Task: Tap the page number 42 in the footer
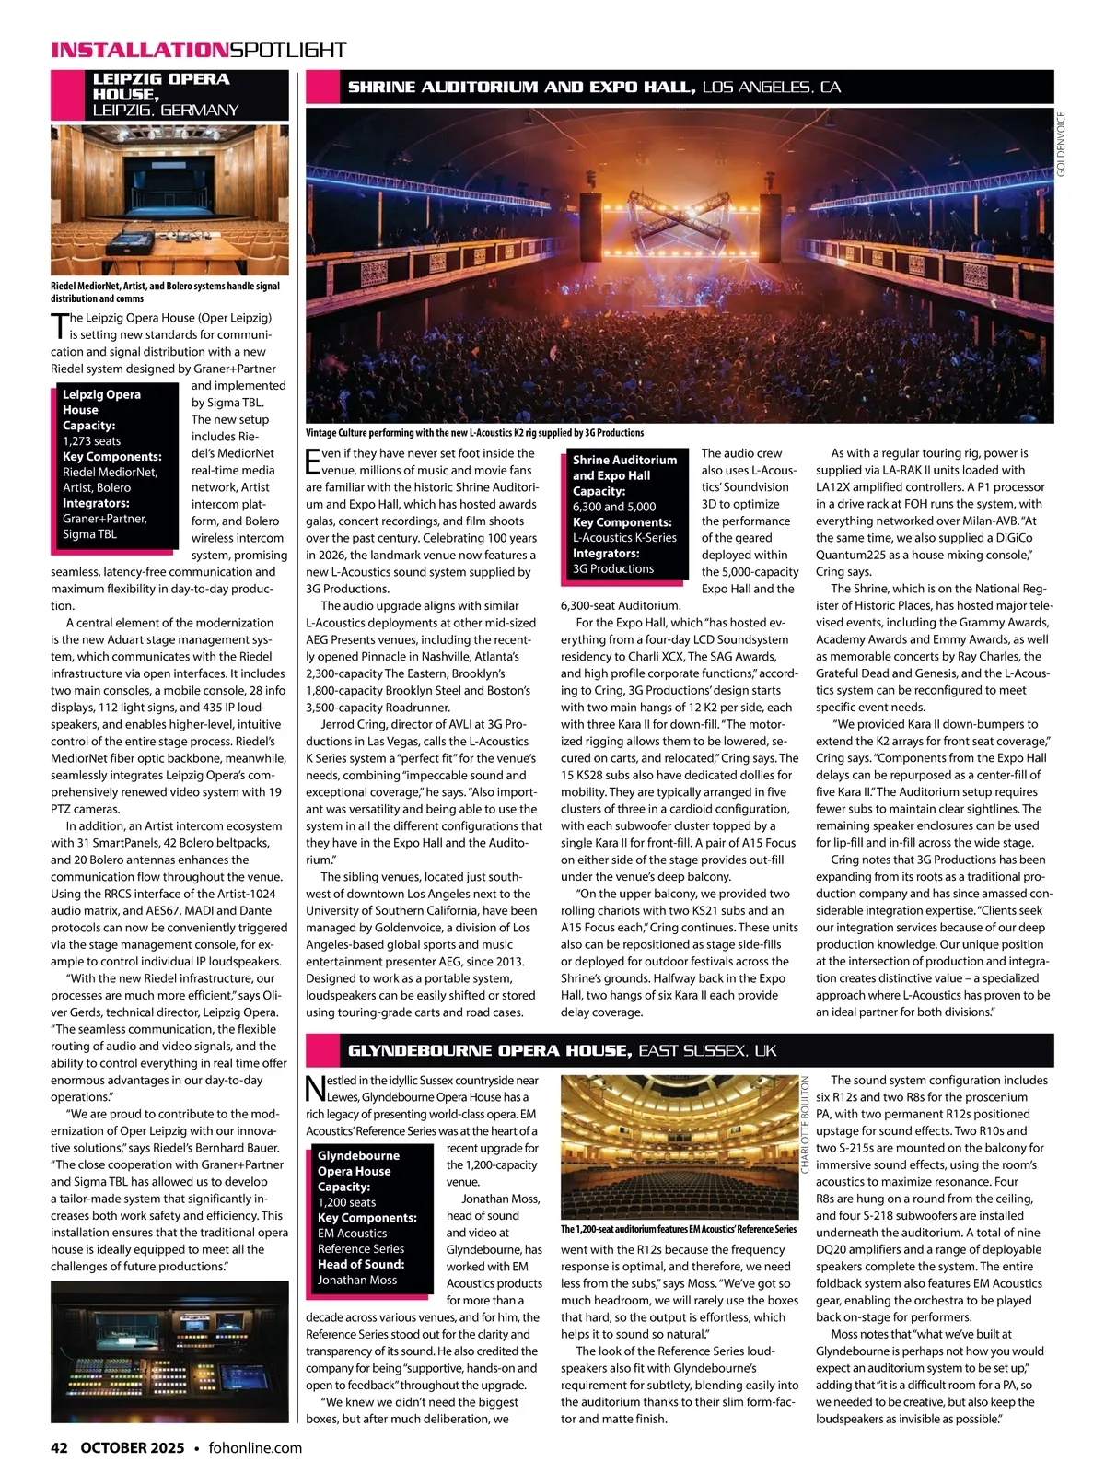click(x=59, y=1447)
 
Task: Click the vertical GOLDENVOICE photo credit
click(x=1061, y=145)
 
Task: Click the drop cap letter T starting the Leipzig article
click(x=60, y=326)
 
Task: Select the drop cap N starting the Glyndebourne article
click(x=315, y=1088)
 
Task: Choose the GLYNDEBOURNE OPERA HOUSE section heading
click(x=489, y=1051)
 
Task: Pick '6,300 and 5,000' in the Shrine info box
click(x=614, y=507)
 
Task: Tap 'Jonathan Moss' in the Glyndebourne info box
click(x=357, y=1280)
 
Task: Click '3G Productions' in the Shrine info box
click(x=613, y=568)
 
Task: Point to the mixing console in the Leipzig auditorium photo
click(x=135, y=243)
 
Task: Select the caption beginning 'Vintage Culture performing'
click(x=474, y=432)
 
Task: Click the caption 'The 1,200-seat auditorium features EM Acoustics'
click(x=679, y=1229)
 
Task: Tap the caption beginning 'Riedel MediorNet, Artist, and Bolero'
click(x=165, y=292)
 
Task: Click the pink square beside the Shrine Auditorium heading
click(x=321, y=88)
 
